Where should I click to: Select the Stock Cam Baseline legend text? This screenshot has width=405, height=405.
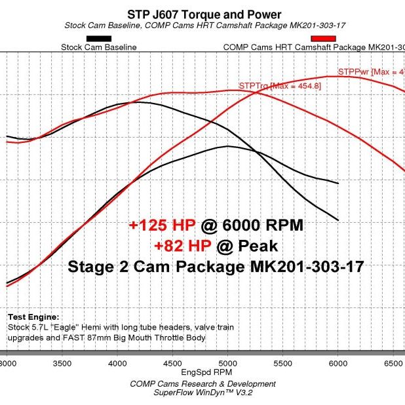click(98, 47)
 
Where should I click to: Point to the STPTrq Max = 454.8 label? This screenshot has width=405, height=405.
click(271, 86)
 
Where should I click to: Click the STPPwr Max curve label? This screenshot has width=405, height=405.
click(370, 71)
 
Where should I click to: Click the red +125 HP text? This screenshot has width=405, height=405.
click(163, 225)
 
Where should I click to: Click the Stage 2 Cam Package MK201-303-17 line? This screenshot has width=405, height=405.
click(216, 267)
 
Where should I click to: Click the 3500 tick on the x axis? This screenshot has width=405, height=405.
click(62, 362)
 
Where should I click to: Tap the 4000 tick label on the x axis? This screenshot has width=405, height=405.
click(117, 362)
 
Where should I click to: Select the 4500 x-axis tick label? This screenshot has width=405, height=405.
click(172, 362)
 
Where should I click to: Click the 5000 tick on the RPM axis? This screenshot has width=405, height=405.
click(227, 362)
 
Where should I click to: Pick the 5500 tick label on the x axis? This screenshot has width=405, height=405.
click(282, 362)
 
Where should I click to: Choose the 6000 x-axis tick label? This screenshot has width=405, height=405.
click(337, 362)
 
